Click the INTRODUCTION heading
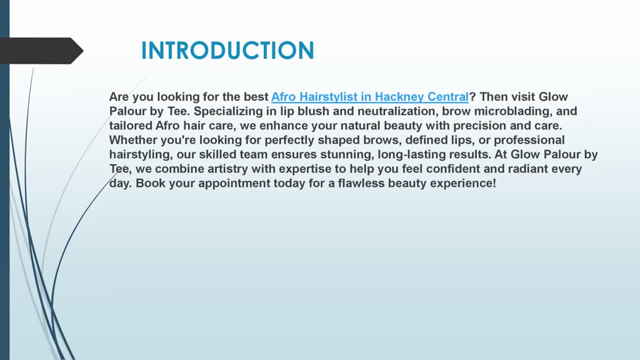[x=227, y=50]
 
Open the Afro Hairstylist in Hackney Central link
[x=369, y=96]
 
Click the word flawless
[x=359, y=183]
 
